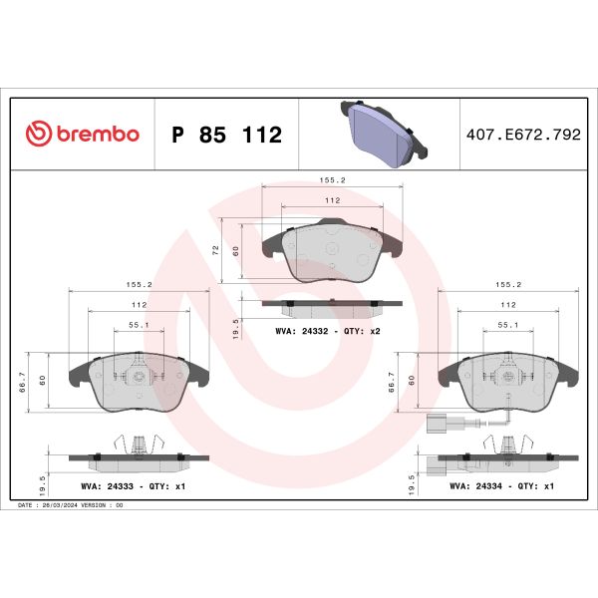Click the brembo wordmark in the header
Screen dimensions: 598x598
[x=97, y=135]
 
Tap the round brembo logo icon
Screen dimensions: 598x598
[x=38, y=135]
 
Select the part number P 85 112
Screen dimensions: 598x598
[x=227, y=135]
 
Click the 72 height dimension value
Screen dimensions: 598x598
[x=216, y=251]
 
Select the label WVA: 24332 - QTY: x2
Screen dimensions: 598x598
[x=328, y=329]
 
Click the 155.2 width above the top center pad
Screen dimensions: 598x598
[x=332, y=181]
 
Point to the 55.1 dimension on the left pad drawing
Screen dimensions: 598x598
[x=140, y=324]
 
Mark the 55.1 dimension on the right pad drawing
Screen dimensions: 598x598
[x=508, y=324]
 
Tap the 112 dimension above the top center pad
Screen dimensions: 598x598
[x=332, y=200]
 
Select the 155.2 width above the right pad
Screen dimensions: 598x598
[x=508, y=284]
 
